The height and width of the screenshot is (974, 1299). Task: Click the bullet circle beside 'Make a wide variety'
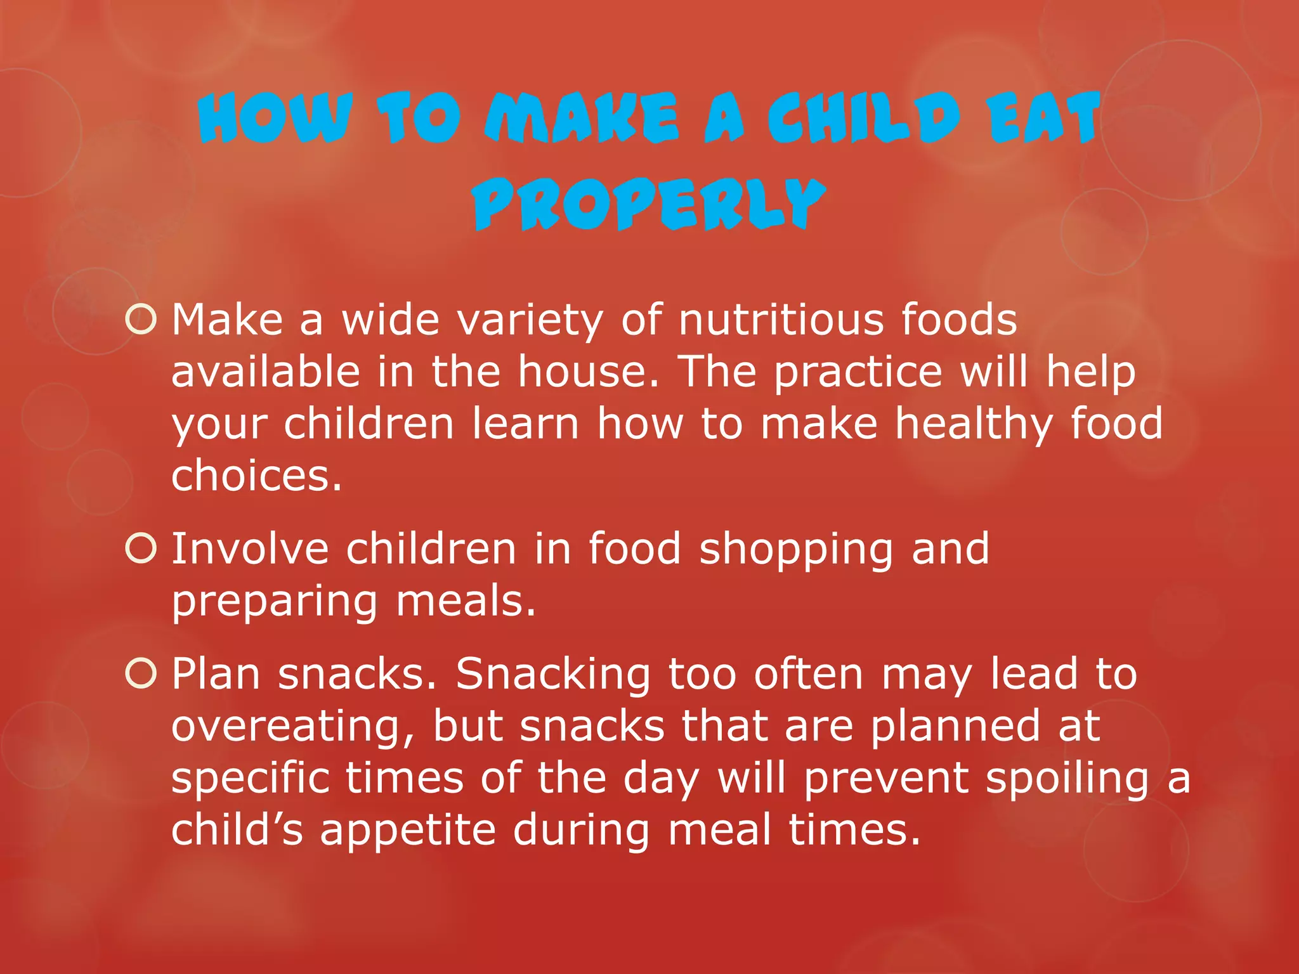[141, 319]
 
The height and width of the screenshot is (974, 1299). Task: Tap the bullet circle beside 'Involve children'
[141, 548]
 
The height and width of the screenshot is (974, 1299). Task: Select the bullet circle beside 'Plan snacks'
[141, 673]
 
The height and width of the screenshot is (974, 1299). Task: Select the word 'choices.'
[257, 476]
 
